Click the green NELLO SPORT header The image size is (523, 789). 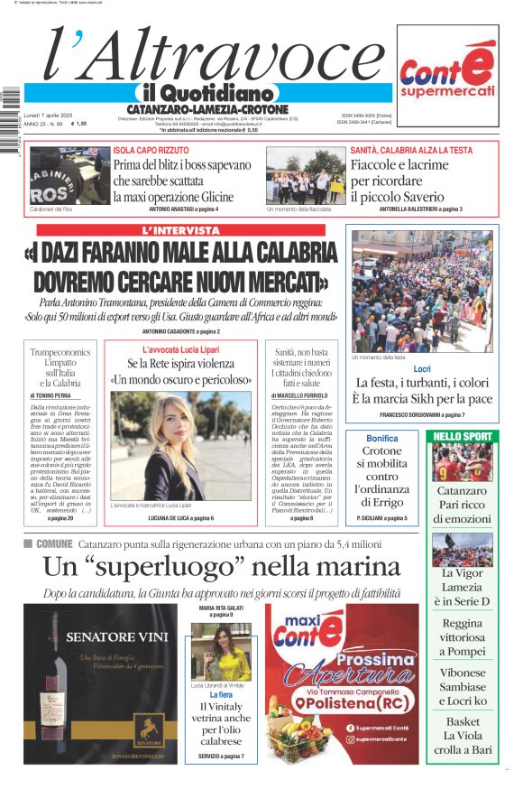[463, 437]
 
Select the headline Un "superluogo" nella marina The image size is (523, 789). [222, 567]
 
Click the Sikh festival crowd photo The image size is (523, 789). [422, 291]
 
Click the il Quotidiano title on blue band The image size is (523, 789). [206, 93]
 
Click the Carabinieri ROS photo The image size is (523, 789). [57, 176]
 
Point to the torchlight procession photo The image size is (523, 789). [306, 176]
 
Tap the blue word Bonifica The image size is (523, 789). [382, 438]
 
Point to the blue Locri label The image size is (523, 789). [422, 369]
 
